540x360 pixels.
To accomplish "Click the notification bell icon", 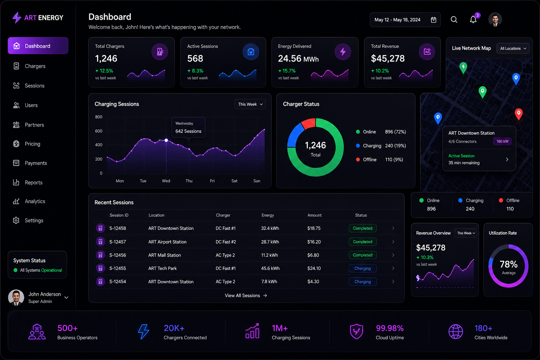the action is coord(473,20).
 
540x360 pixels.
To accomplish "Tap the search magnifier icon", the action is coord(454,20).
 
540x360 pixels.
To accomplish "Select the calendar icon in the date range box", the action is coord(433,20).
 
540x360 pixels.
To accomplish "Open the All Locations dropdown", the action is coord(513,49).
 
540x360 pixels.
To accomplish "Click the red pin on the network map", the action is coord(519,114).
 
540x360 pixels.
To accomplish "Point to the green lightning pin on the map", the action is coord(463,68).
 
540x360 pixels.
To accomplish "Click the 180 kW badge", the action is coord(502,142).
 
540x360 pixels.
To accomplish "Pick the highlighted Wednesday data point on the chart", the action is coord(166,140).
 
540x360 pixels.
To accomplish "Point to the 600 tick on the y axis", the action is coord(99,131).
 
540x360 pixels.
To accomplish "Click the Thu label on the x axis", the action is coord(189,181).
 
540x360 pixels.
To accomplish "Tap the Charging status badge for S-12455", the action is coord(362,268).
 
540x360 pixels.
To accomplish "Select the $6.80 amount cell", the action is coord(313,255).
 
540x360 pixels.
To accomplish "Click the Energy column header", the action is coord(268,215).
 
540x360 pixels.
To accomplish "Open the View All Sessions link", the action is coord(246,296).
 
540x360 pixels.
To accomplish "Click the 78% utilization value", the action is coord(508,264).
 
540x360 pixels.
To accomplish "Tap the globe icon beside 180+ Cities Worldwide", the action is coord(455,332).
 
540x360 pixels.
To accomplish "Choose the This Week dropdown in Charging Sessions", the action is coord(250,104).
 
